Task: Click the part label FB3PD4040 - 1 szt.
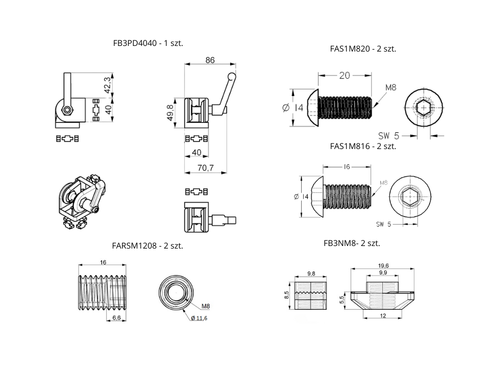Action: (x=148, y=43)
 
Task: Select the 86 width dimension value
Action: (x=210, y=60)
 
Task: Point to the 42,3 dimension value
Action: (x=107, y=85)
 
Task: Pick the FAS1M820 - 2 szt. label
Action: (x=363, y=49)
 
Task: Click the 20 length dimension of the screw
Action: (x=345, y=75)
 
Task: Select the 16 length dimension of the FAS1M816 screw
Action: (x=347, y=167)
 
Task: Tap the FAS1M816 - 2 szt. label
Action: (x=363, y=146)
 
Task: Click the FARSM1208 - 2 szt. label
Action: (x=148, y=245)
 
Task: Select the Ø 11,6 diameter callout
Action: (x=199, y=318)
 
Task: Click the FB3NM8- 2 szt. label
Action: (x=352, y=243)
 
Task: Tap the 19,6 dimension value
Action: (x=383, y=266)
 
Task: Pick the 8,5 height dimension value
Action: (x=287, y=295)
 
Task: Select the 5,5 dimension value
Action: (x=342, y=301)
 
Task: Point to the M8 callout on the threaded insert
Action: (x=206, y=306)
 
